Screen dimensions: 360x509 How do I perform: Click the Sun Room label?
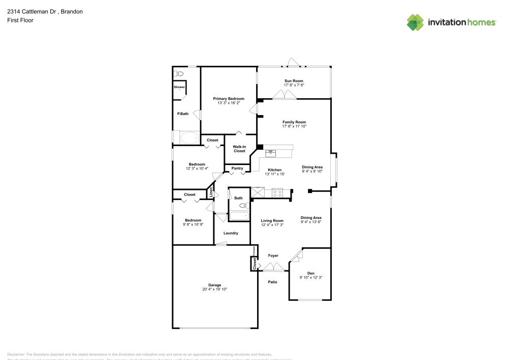coord(294,81)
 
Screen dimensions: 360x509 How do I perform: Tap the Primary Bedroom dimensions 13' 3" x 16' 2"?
coord(229,103)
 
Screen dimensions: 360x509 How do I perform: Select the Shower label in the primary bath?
coord(179,87)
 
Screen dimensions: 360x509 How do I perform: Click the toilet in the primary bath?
coord(178,74)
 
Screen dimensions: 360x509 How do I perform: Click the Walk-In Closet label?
coord(239,149)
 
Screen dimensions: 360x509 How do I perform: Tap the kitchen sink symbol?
coord(271,153)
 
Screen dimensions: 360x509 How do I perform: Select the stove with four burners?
coord(277,192)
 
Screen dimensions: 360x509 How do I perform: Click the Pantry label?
coord(237,168)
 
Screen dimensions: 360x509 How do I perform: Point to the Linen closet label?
coord(211,193)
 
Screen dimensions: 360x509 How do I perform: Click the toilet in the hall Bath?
coord(244,206)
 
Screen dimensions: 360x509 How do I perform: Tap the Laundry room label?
coord(231,233)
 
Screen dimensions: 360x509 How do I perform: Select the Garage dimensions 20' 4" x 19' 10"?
coord(214,289)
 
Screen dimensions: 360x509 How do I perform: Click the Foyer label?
coord(273,255)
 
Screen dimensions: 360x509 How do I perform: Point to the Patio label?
coord(273,282)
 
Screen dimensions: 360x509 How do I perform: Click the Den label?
coord(310,273)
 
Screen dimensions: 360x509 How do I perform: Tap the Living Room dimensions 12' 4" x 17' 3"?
coord(272,225)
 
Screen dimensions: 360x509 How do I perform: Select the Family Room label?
coord(294,122)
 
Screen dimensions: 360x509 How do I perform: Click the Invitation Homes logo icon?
coord(415,22)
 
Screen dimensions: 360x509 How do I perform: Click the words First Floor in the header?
coord(20,20)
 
